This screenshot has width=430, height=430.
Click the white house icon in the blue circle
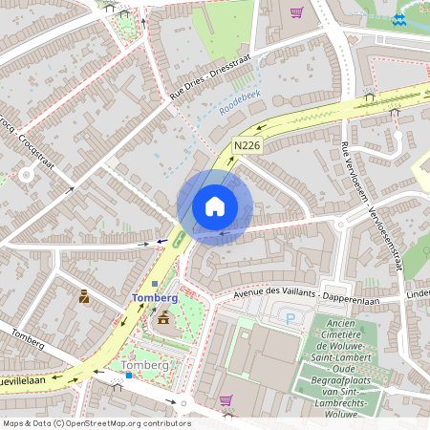[x=215, y=206]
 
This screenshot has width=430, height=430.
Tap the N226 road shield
[x=247, y=145]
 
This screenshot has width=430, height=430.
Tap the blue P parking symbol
[x=290, y=317]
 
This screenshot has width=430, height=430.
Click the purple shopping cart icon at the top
[x=296, y=12]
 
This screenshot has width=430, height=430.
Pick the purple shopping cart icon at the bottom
[x=226, y=400]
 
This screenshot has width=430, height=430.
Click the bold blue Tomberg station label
[x=155, y=298]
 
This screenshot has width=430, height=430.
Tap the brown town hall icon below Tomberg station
[x=163, y=317]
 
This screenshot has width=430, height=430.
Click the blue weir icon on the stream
[x=398, y=18]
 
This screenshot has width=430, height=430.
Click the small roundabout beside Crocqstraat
[x=26, y=175]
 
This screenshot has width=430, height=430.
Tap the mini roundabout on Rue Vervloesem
[x=341, y=226]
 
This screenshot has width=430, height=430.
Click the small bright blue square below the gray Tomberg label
[x=129, y=376]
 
